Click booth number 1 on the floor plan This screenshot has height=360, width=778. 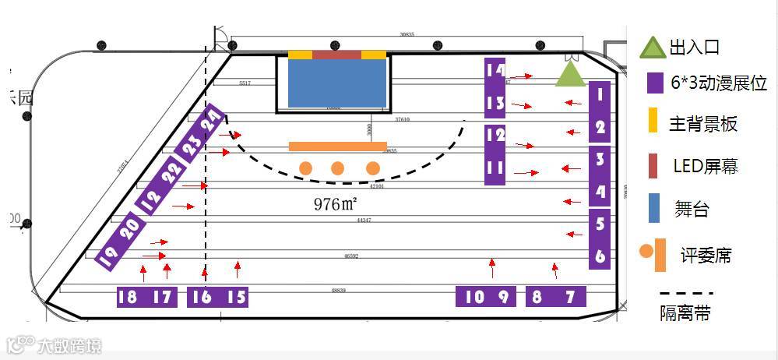tap(599, 95)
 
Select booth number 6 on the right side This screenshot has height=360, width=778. tap(599, 256)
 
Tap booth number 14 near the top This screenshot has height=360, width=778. tap(495, 70)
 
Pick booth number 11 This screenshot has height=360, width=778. tap(495, 168)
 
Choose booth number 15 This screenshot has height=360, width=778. tap(237, 297)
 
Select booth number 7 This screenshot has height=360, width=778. tap(571, 297)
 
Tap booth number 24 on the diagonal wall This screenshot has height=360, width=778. tap(211, 122)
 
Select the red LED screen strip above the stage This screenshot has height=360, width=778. tap(337, 55)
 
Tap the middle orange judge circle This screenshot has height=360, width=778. tap(337, 168)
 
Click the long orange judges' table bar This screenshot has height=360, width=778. tap(337, 146)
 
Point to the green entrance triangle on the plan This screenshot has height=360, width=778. tap(570, 76)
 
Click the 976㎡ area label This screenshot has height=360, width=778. tap(336, 204)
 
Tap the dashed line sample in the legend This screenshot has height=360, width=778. tap(685, 295)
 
